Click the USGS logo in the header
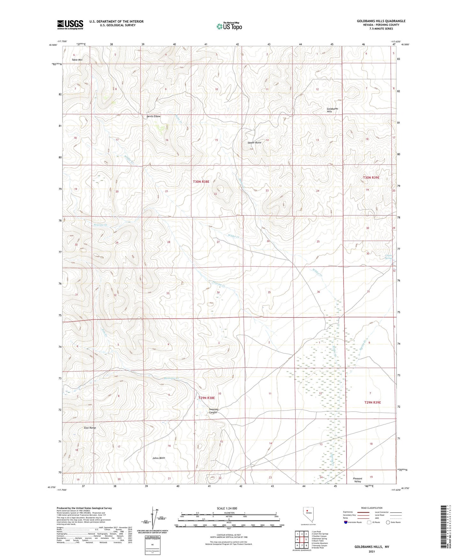click(x=70, y=25)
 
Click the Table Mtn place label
click(x=77, y=60)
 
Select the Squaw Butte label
click(x=254, y=143)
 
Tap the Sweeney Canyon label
click(x=213, y=411)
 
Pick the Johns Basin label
click(x=159, y=458)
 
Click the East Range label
click(x=90, y=428)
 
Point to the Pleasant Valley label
click(x=357, y=480)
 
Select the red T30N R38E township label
click(x=201, y=182)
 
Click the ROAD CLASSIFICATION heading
click(x=372, y=508)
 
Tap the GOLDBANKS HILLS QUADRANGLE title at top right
click(x=381, y=21)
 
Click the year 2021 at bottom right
click(x=371, y=551)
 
